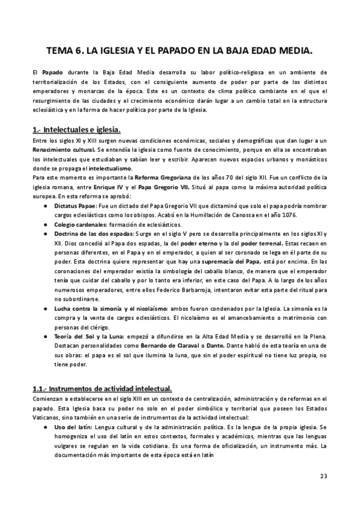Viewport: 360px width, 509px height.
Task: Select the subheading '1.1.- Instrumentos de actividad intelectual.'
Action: pyautogui.click(x=102, y=388)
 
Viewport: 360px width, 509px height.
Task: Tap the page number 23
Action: pyautogui.click(x=323, y=477)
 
